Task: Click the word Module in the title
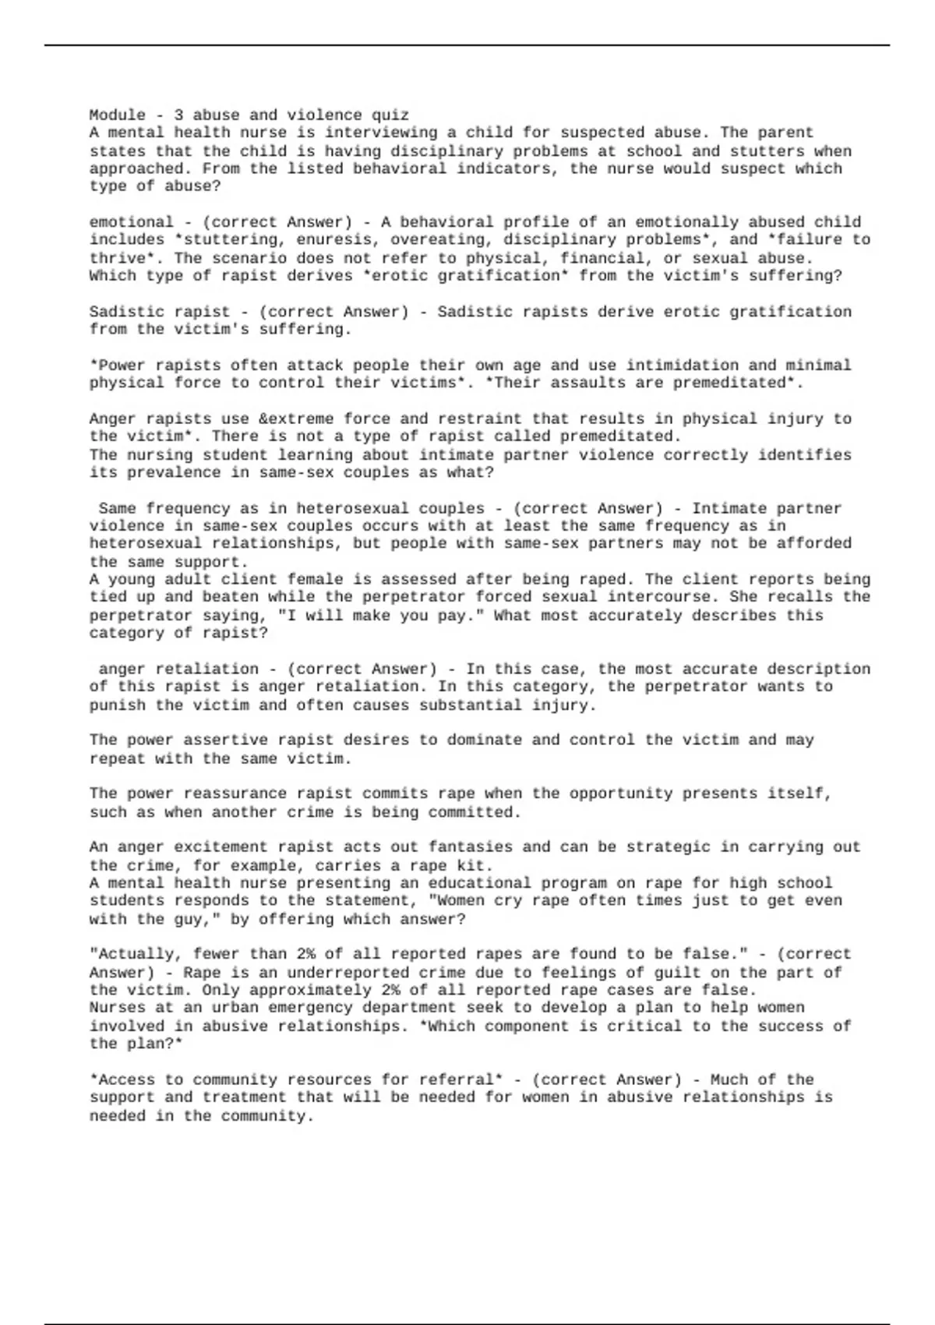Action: click(x=117, y=115)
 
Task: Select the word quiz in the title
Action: click(x=390, y=115)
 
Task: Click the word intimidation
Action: click(x=677, y=366)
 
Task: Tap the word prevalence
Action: click(x=164, y=473)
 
